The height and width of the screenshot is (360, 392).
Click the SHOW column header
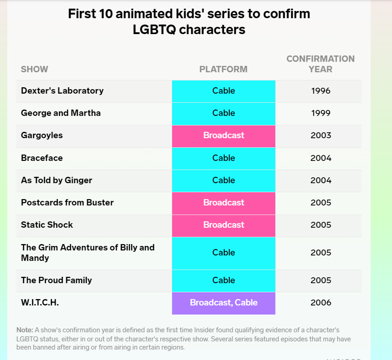[x=35, y=69]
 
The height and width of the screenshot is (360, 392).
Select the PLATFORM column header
[x=223, y=69]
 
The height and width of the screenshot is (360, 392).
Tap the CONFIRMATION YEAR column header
[x=321, y=64]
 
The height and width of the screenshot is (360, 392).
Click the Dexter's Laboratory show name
[x=62, y=90]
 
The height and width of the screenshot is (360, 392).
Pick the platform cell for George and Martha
[x=223, y=114]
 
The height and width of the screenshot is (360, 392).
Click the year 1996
[x=321, y=91]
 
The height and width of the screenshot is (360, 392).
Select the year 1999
[x=321, y=113]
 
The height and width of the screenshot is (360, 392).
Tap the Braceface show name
[x=42, y=158]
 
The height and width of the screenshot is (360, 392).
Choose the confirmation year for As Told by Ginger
[x=321, y=180]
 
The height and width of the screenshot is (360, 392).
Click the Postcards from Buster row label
[x=67, y=202]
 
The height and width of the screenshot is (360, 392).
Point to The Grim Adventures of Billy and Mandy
[x=88, y=253]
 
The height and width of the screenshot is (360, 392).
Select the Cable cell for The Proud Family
[x=223, y=281]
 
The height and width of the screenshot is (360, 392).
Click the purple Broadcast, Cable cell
[x=223, y=303]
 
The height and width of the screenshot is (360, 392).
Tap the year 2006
[x=321, y=303]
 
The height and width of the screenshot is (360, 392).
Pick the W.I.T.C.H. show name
[x=40, y=303]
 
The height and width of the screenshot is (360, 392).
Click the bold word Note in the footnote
[x=25, y=330]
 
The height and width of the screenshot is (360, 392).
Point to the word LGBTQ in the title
[x=154, y=30]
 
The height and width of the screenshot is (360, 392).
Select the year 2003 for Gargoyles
[x=321, y=135]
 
